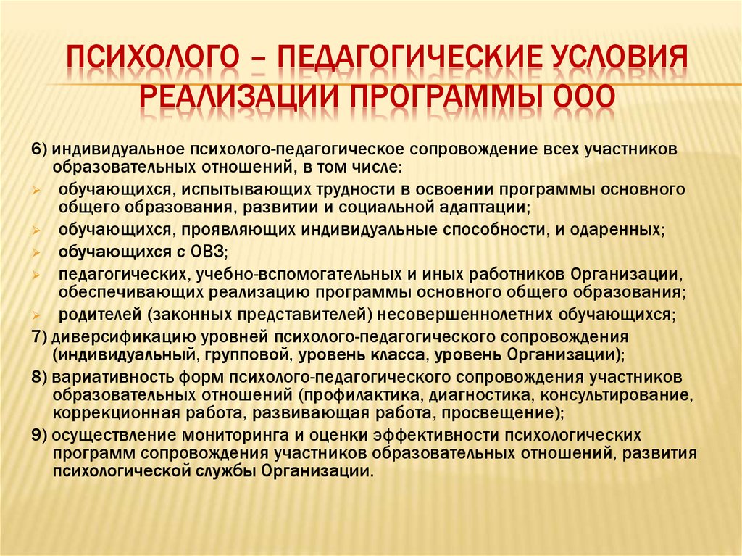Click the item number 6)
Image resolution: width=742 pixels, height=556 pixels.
[x=39, y=149]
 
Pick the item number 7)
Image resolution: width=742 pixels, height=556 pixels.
[x=39, y=338]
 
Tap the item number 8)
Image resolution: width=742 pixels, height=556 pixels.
[x=39, y=378]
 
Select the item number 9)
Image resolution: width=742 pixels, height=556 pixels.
[x=39, y=436]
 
